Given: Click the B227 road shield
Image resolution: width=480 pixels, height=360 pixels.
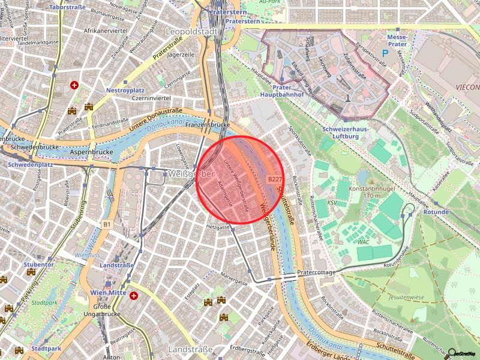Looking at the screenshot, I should (x=275, y=179).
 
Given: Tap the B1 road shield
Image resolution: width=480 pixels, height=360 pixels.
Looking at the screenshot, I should (x=107, y=224).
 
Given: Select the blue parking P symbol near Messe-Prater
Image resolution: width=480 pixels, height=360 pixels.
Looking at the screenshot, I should (x=386, y=53).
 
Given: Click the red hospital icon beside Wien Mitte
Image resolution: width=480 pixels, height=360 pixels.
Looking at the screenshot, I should (x=134, y=295).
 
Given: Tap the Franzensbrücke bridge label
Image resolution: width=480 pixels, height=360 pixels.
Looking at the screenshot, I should (x=208, y=125).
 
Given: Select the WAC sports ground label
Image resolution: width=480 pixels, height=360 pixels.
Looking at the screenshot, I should (x=363, y=242).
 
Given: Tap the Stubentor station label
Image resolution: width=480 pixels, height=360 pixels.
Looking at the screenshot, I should (x=38, y=264).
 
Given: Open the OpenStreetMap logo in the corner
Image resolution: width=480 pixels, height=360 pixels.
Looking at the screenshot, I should (x=463, y=353).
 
